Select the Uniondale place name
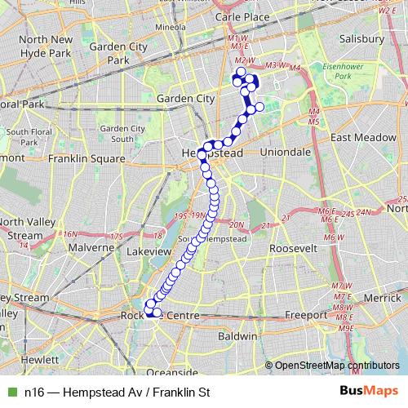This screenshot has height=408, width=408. click(x=285, y=152)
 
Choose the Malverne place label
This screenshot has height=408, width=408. click(x=91, y=246)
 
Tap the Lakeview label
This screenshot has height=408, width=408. click(x=149, y=252)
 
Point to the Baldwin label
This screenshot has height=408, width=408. click(x=237, y=335)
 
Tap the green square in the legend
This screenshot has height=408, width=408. click(x=11, y=392)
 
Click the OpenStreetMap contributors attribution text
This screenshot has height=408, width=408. click(x=336, y=366)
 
